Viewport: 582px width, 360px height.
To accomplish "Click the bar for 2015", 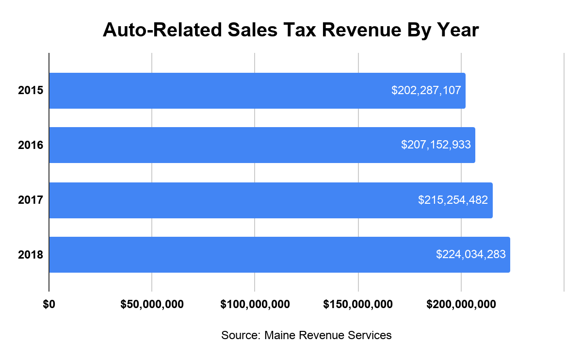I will (218, 91).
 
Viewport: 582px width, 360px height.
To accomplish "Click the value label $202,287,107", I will (426, 90).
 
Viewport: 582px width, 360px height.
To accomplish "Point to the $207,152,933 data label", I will (436, 145).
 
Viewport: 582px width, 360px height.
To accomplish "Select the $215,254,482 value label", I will (453, 200).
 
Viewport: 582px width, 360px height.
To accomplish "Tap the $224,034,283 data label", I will (471, 254).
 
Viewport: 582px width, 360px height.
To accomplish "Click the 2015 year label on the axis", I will (31, 91).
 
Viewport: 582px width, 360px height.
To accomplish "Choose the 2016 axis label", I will (31, 145).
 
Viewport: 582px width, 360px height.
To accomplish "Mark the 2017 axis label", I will (31, 200).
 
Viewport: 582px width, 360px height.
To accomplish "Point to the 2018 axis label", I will (31, 255).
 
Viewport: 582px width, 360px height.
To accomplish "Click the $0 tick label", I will (49, 305).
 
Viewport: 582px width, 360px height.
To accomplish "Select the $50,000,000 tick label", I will (152, 305).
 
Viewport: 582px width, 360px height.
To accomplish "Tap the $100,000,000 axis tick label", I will (255, 305).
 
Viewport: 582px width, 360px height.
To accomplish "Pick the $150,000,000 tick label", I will (358, 305).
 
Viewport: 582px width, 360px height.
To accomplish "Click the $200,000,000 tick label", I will (461, 305).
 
